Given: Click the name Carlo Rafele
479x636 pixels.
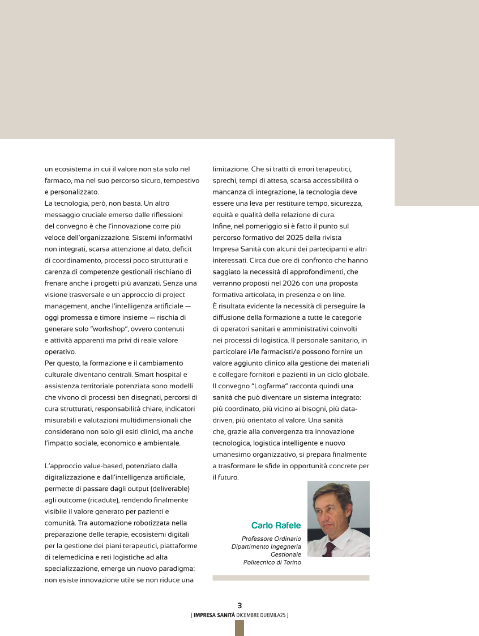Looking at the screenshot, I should (276, 525).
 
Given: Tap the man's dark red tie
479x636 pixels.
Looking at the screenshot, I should (329, 549).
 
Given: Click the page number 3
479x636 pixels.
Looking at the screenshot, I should (239, 605).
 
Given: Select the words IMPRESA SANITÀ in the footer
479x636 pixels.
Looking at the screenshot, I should (214, 614).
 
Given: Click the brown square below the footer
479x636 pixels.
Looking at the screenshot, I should (239, 627).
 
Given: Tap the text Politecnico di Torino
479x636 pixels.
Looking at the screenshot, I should (272, 562).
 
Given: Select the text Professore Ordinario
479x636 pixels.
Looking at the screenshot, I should (271, 539).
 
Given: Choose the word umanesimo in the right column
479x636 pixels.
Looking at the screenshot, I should (230, 454).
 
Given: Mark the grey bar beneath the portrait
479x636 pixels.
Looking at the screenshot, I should (290, 578).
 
